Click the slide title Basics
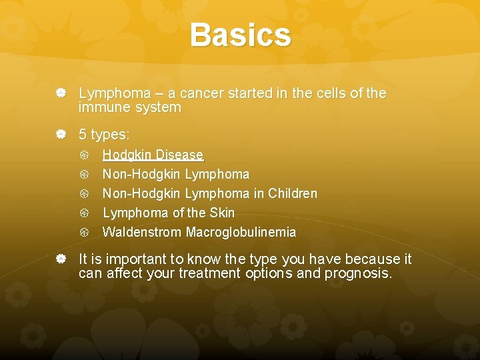coord(240,35)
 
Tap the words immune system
coord(130,107)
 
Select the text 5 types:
coord(104,135)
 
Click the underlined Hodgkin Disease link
coord(153,155)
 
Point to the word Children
coord(293,194)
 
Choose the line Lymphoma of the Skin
coord(169,213)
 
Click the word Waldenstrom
coord(143,233)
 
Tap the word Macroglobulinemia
coord(241,233)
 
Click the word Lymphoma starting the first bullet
coord(110,93)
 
